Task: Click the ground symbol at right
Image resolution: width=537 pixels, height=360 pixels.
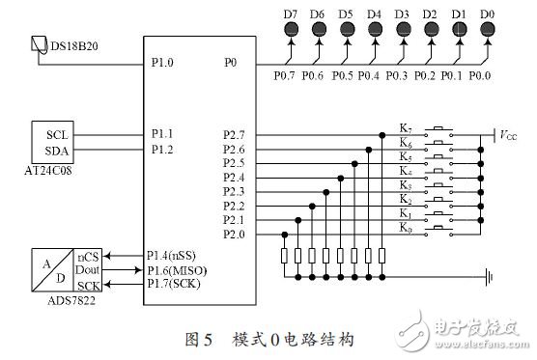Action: click(493, 276)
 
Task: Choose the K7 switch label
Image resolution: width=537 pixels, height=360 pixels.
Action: click(407, 126)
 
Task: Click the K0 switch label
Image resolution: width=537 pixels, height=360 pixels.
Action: click(407, 226)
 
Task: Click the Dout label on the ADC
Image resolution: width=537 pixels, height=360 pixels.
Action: click(89, 270)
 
